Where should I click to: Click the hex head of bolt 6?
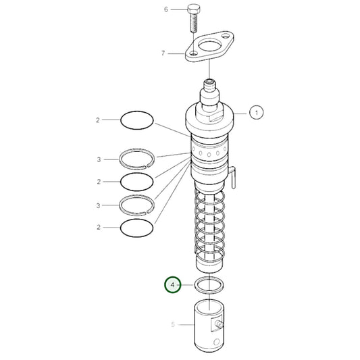click(194, 9)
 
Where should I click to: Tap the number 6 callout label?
click(166, 9)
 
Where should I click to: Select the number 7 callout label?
click(163, 53)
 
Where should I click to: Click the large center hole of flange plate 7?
click(210, 46)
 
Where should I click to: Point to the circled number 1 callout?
click(257, 113)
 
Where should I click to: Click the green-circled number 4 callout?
click(173, 285)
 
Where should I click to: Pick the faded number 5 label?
click(173, 324)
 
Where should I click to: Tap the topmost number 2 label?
click(98, 120)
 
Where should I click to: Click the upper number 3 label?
click(99, 159)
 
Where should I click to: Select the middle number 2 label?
click(99, 182)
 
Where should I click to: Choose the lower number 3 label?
click(98, 205)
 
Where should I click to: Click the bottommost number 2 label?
click(99, 228)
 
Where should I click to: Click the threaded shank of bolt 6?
click(194, 22)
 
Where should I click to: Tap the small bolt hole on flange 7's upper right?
click(226, 36)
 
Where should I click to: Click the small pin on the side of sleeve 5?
click(220, 325)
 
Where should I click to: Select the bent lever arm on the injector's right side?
click(232, 177)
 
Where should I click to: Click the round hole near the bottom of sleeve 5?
click(217, 342)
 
